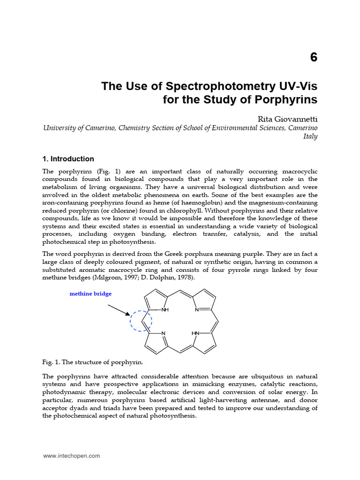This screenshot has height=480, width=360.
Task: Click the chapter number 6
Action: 314,58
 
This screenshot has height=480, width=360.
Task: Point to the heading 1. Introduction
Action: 68,159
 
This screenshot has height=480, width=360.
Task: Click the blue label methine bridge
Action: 91,294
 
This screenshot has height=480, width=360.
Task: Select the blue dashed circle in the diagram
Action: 141,320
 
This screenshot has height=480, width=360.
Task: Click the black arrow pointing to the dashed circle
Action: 119,310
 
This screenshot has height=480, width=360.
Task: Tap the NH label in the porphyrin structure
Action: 165,310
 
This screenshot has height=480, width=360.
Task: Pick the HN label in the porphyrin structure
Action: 195,333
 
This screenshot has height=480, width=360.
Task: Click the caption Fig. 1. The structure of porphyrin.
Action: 92,363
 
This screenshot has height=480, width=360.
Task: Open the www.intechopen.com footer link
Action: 72,456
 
